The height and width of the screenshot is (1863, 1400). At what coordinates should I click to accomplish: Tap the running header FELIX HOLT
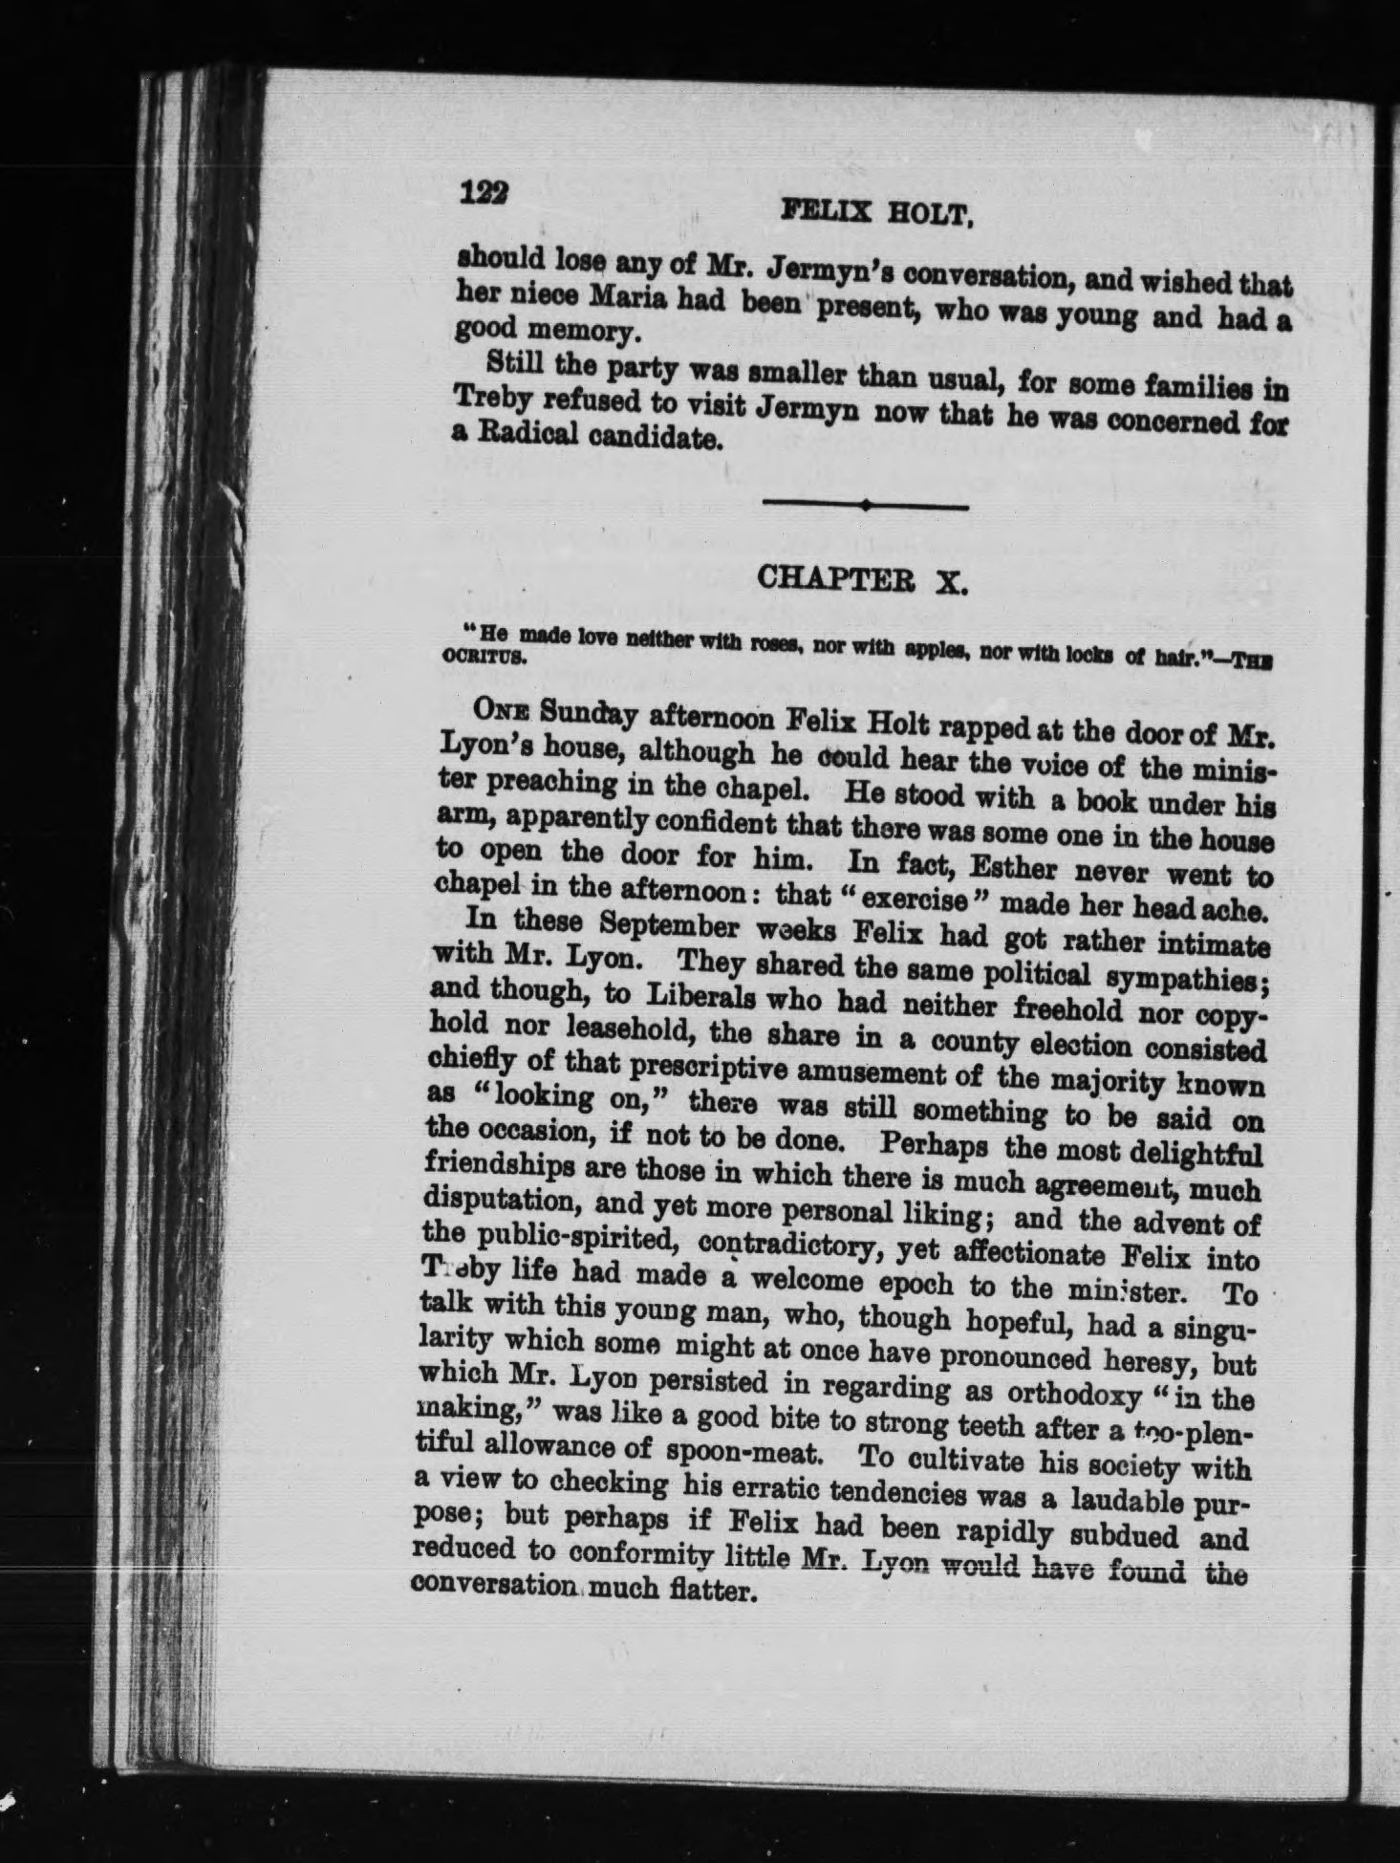coord(876,213)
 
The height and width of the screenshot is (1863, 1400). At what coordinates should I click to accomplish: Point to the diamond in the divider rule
coord(865,505)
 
